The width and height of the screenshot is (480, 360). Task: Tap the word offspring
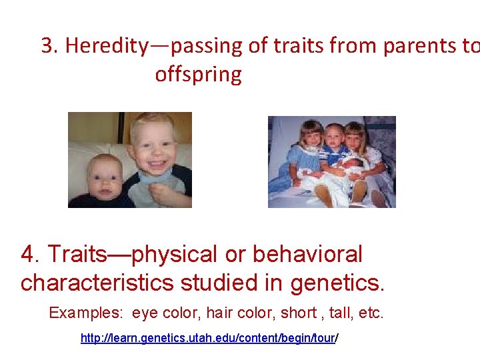coord(198,74)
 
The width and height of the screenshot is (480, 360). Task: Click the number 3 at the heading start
coord(48,45)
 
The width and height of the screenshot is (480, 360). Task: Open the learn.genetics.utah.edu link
coord(209,339)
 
